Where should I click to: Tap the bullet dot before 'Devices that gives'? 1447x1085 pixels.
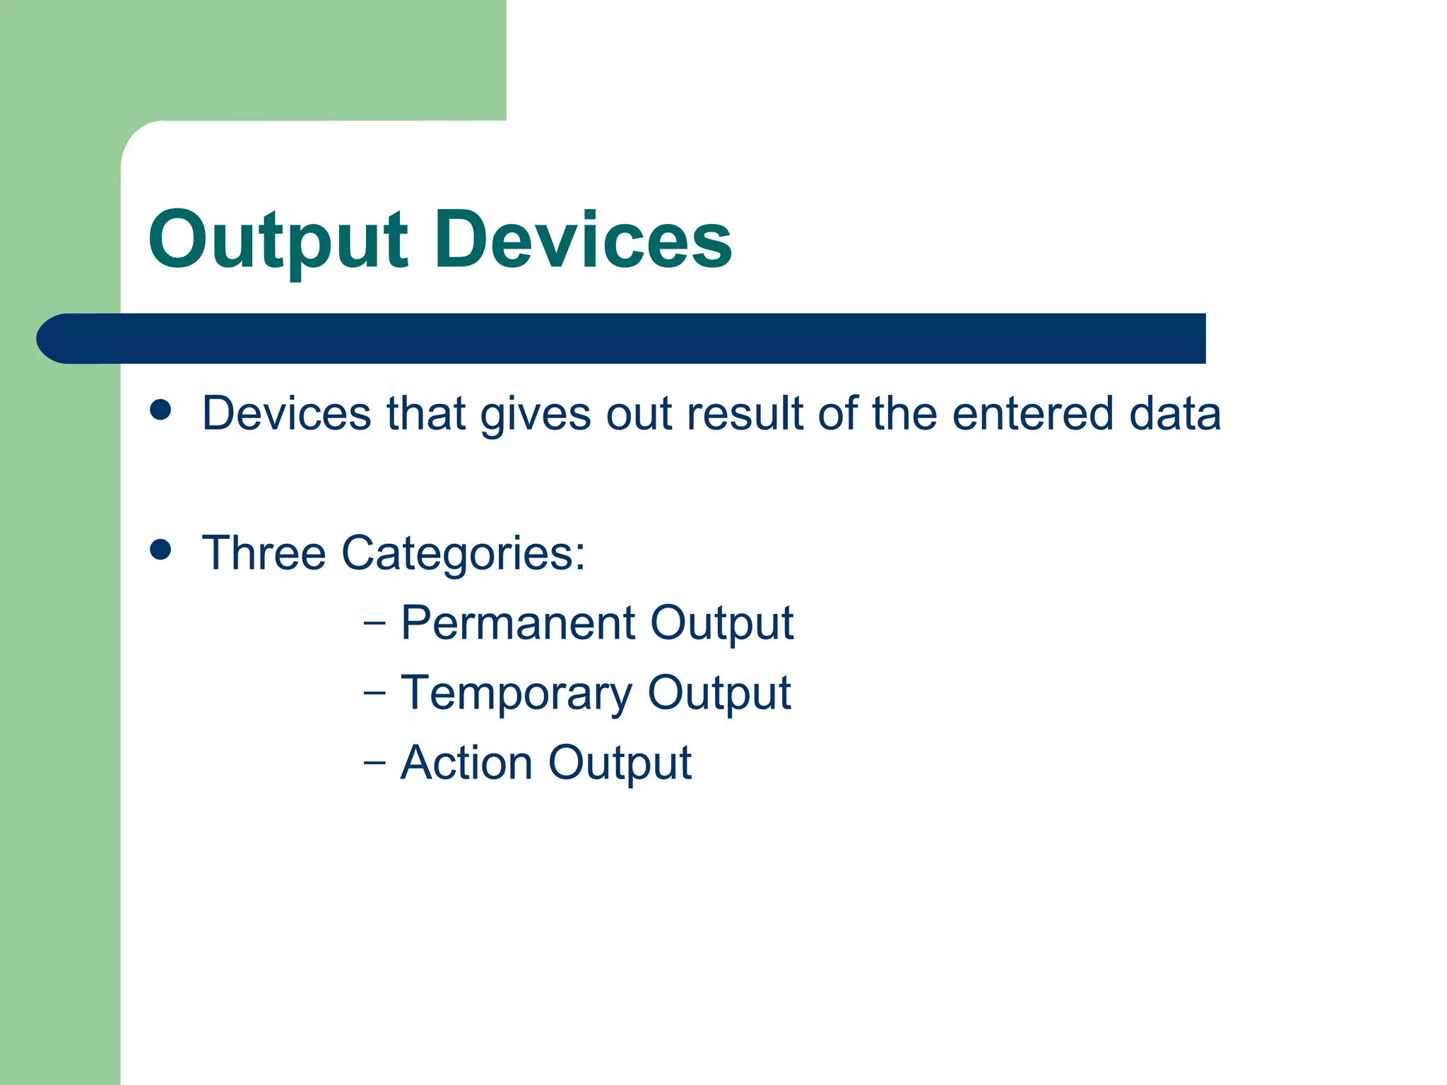pyautogui.click(x=161, y=410)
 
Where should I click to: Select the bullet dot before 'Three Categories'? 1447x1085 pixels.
pyautogui.click(x=161, y=550)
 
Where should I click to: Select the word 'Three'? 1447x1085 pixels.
pyautogui.click(x=264, y=553)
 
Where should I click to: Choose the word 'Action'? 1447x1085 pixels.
pyautogui.click(x=466, y=763)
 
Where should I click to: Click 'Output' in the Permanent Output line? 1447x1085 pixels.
pyautogui.click(x=721, y=624)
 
